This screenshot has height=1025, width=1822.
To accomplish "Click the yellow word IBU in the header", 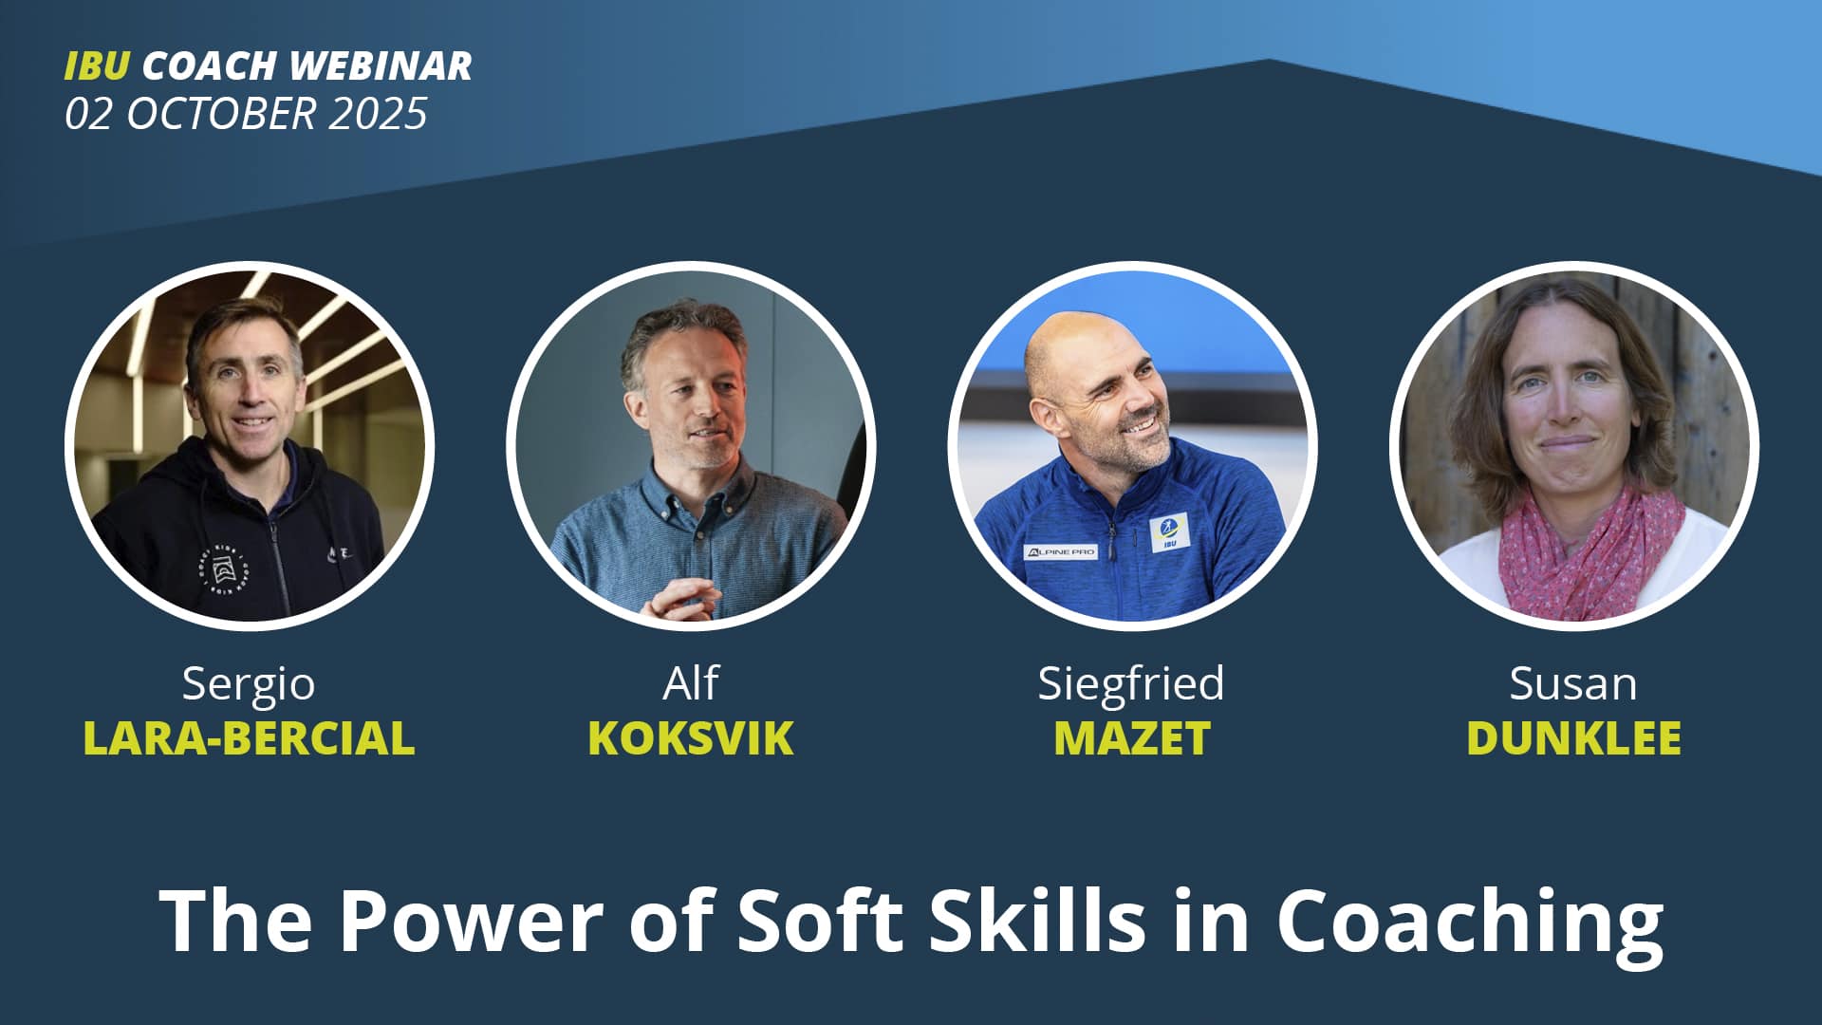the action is click(97, 65).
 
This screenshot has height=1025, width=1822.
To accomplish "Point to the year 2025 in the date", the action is click(379, 114).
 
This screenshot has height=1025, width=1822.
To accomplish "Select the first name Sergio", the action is click(249, 683).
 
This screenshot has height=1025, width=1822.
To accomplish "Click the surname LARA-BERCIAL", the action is click(249, 738).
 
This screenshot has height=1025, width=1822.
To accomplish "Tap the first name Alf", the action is click(691, 682).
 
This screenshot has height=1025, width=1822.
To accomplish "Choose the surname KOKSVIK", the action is click(691, 738).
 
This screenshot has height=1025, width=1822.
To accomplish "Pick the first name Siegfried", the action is click(1131, 682).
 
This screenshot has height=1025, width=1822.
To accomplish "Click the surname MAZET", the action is click(1132, 738).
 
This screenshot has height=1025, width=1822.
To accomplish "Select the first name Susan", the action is click(1573, 683).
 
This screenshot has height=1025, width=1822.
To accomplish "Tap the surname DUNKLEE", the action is click(1573, 738).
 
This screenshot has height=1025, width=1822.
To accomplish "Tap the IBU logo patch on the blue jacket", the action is click(1169, 533).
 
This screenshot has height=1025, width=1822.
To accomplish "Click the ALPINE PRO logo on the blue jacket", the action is click(1061, 551).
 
